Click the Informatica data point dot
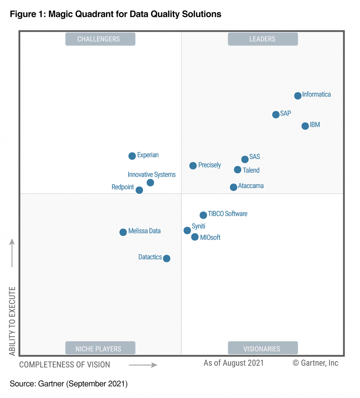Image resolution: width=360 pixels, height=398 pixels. (x=297, y=96)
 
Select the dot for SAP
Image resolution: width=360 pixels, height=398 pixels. (x=276, y=115)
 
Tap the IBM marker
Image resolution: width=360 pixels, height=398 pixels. (x=305, y=126)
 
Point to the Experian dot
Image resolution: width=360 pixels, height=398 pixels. (x=132, y=156)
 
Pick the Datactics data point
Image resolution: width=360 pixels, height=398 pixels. (x=167, y=258)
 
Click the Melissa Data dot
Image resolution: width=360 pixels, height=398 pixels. (x=123, y=232)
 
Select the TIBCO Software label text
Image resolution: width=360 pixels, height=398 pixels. (x=228, y=214)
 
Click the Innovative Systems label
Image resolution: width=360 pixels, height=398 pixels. (x=151, y=175)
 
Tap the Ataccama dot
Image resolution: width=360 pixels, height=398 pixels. (x=233, y=187)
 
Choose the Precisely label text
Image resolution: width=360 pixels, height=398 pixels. (x=209, y=165)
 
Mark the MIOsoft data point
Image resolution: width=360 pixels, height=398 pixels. (x=195, y=237)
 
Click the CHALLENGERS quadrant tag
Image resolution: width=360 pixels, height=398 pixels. (x=100, y=39)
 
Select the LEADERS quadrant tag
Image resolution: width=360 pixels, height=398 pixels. (x=263, y=39)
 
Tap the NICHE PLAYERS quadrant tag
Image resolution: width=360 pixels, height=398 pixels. (x=100, y=348)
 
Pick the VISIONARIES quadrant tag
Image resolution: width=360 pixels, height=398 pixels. (x=263, y=348)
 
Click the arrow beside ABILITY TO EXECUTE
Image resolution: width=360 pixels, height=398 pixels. (x=12, y=253)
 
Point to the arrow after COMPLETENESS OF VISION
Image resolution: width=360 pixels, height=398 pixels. (x=143, y=365)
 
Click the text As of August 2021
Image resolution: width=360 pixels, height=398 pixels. (x=234, y=363)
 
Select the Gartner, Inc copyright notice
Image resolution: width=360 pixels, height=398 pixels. (x=315, y=363)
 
